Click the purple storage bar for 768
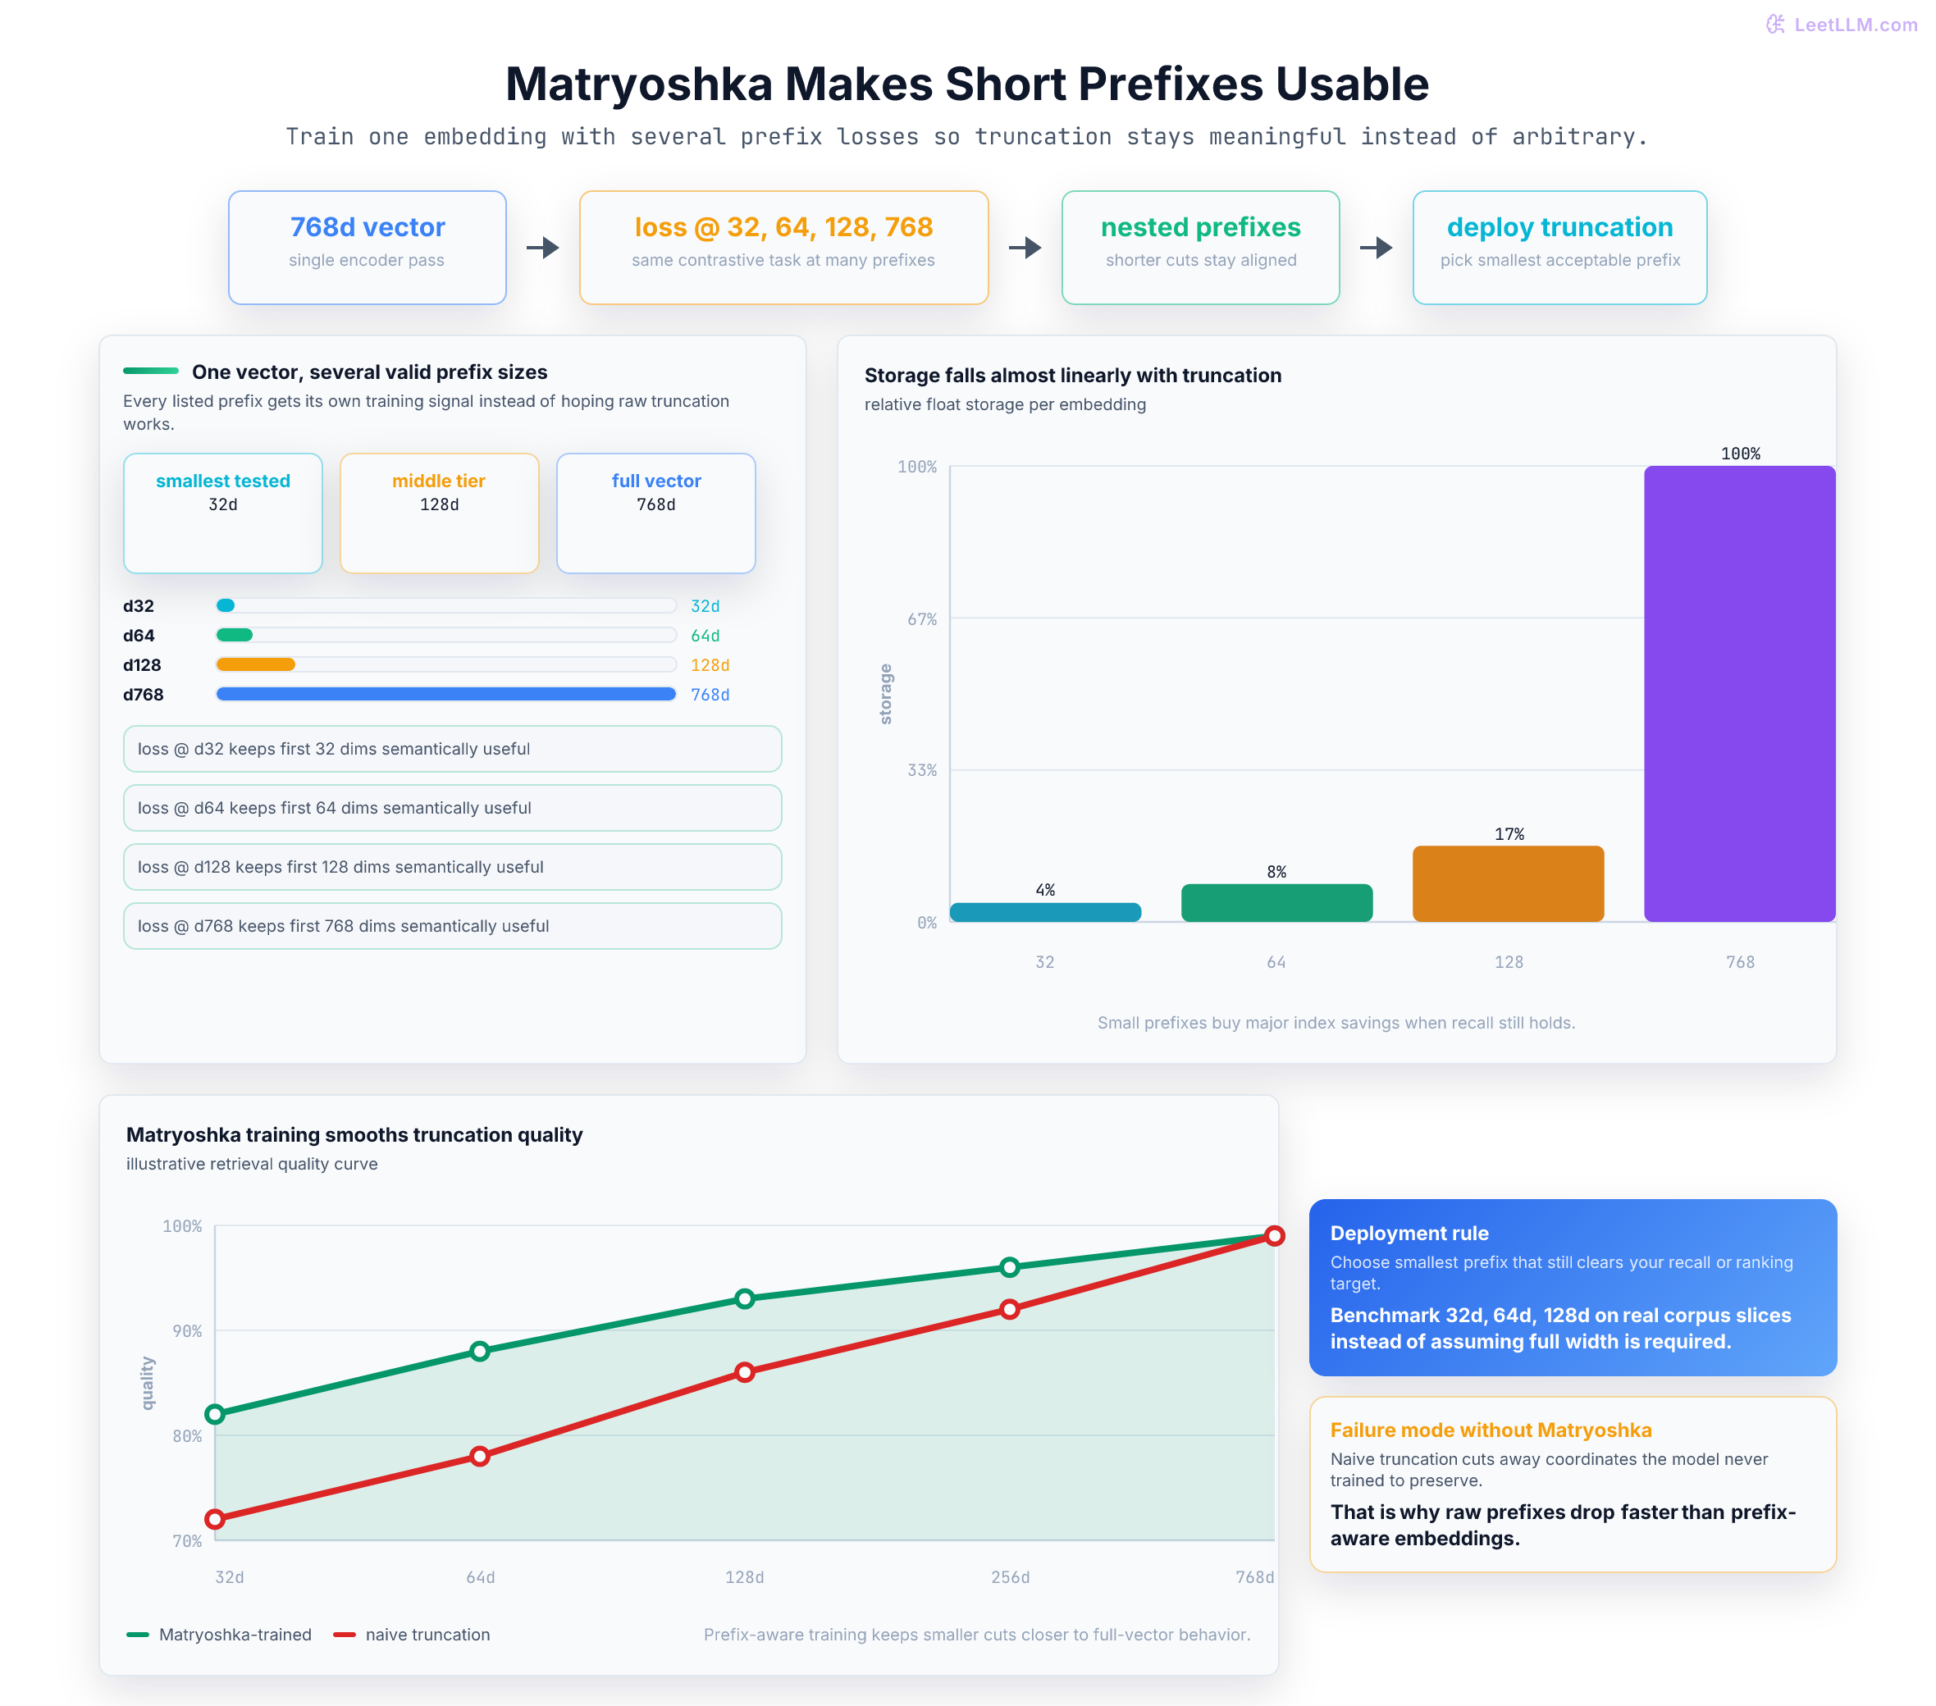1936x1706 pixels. [x=1739, y=693]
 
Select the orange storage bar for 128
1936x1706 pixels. [x=1508, y=884]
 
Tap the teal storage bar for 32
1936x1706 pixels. [x=1045, y=912]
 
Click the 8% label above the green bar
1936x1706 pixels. [x=1276, y=872]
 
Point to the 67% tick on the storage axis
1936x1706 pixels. [x=921, y=618]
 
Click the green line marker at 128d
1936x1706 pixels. [x=745, y=1298]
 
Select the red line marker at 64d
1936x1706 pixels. [x=480, y=1456]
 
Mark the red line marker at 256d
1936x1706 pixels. [x=1010, y=1309]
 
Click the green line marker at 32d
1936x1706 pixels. [x=215, y=1413]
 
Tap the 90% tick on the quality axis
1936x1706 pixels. [x=186, y=1331]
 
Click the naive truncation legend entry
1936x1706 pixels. [x=412, y=1634]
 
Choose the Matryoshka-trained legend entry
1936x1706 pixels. [x=219, y=1634]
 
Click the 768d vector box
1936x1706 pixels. [x=368, y=247]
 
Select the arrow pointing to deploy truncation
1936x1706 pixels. [x=1377, y=247]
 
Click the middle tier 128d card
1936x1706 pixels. [x=440, y=513]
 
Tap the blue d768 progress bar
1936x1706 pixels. [x=446, y=695]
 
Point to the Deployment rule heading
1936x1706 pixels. [x=1409, y=1233]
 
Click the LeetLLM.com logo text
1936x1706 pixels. [x=1855, y=25]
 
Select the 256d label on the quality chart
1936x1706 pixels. [x=1010, y=1577]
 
